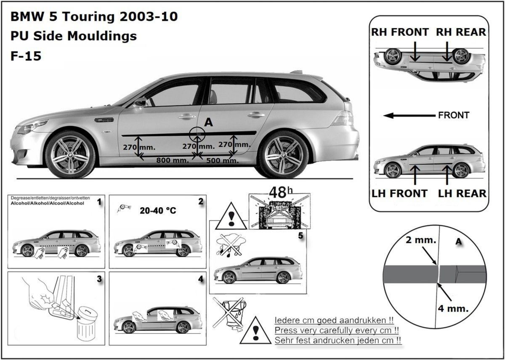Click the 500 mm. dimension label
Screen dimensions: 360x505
coord(221,160)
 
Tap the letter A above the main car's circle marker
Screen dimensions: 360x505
coord(207,123)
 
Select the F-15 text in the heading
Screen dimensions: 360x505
coord(26,56)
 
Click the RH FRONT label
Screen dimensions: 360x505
coord(400,32)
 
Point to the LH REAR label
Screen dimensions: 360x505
coord(462,193)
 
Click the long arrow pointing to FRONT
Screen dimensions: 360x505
coord(410,115)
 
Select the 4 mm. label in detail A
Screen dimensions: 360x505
coord(452,308)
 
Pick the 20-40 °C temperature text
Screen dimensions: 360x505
coord(158,211)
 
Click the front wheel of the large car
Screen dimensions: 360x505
coord(71,154)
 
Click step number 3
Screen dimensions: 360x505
coord(99,278)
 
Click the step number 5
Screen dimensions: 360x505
coord(300,236)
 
